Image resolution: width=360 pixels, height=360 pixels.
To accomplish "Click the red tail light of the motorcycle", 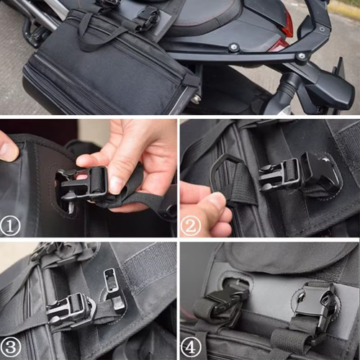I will click(x=287, y=26).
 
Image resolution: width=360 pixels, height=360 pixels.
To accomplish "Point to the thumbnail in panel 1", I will click(x=116, y=184).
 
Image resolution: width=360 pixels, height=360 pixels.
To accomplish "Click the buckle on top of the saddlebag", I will click(x=148, y=16).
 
